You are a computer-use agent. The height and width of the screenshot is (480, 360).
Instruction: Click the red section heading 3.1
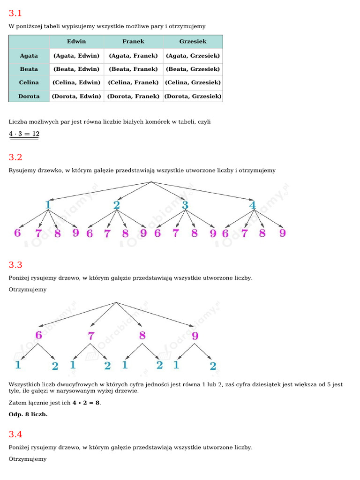[15, 13]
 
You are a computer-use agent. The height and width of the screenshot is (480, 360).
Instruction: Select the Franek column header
[133, 42]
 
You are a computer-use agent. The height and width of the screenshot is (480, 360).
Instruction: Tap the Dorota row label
[29, 97]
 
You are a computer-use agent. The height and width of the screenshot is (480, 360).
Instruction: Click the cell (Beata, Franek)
[133, 69]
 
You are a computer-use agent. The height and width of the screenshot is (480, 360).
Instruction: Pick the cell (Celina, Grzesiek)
[193, 82]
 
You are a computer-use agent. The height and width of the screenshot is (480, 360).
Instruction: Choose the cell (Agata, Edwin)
[76, 55]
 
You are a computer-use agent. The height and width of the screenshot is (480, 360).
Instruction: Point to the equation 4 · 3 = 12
[24, 134]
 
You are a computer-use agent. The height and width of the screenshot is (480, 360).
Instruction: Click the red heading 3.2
[15, 157]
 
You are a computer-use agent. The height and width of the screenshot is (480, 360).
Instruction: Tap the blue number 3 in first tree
[185, 205]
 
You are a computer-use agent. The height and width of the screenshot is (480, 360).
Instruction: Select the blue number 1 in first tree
[48, 205]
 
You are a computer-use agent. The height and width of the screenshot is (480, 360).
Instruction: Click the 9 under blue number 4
[282, 233]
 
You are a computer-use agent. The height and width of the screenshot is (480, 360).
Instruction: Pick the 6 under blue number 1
[17, 233]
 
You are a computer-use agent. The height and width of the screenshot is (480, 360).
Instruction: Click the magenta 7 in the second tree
[91, 336]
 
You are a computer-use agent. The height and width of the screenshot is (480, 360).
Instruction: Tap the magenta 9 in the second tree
[195, 336]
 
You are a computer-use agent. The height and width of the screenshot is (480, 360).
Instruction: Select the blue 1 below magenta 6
[18, 365]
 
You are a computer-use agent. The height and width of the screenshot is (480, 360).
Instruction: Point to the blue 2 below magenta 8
[159, 365]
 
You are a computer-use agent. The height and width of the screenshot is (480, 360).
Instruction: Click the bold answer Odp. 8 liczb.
[28, 414]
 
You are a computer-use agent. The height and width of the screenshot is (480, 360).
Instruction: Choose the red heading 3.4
[15, 434]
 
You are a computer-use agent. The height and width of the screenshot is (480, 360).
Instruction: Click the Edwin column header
[76, 42]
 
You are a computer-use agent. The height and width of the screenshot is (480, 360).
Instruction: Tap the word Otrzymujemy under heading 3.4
[28, 459]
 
